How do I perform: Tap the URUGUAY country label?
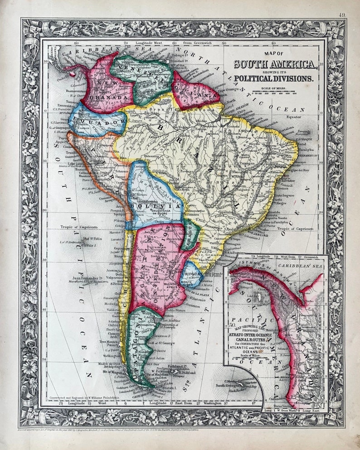pyautogui.click(x=190, y=275)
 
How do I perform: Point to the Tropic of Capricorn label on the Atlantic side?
pyautogui.click(x=295, y=229)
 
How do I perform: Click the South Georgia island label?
pyautogui.click(x=234, y=384)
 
